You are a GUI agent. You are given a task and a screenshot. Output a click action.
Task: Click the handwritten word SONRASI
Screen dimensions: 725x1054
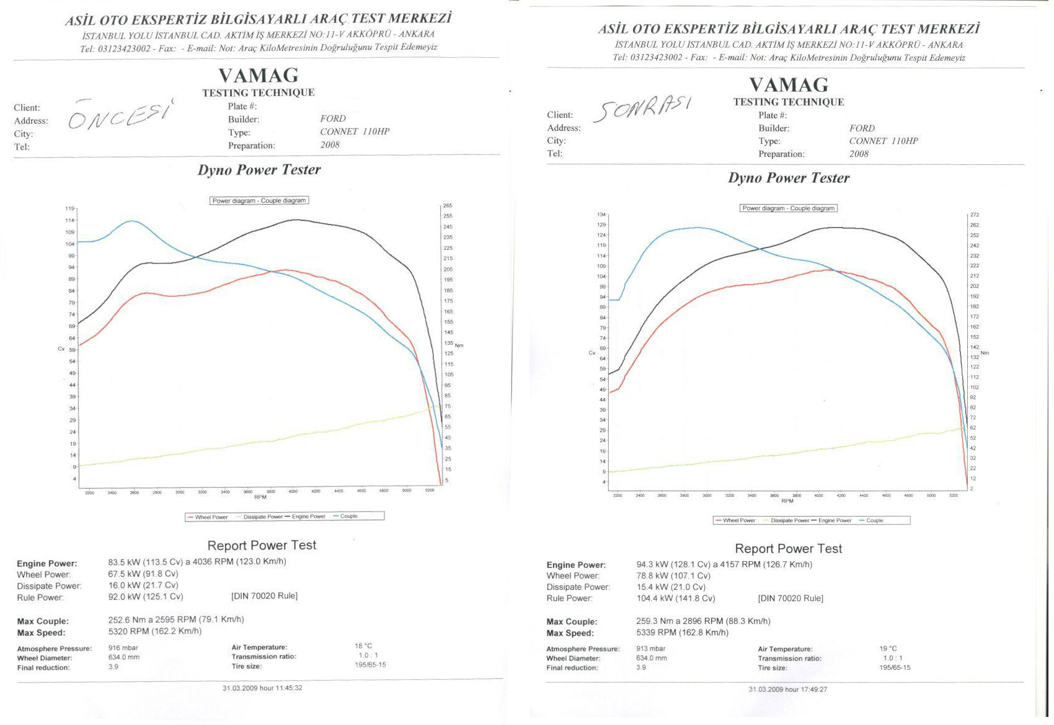[642, 109]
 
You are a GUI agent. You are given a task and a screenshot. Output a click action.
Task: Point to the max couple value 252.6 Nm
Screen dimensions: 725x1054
[128, 620]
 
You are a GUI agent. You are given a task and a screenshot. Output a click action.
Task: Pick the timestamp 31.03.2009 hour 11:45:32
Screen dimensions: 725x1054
[262, 688]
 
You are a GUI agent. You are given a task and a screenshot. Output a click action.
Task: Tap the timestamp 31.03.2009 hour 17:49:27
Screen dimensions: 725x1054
[787, 690]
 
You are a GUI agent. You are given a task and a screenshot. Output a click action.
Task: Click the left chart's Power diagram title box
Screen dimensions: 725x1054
[259, 201]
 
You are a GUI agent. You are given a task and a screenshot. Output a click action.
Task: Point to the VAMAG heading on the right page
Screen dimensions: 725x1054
[788, 84]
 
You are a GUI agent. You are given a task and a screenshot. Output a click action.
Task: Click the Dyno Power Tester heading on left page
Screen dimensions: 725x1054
[259, 170]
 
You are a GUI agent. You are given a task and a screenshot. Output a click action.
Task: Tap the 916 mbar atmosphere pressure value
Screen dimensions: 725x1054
[123, 647]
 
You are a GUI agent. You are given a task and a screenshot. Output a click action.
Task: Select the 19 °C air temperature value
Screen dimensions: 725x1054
[888, 649]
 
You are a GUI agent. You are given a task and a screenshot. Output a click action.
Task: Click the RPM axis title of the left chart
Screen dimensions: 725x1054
[260, 497]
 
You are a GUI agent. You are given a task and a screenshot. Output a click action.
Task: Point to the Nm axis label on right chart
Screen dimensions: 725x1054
[985, 353]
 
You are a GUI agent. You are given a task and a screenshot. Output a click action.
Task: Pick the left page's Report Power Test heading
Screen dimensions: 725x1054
[262, 545]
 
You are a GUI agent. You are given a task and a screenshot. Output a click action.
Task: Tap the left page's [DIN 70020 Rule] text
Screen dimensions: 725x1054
[264, 596]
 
